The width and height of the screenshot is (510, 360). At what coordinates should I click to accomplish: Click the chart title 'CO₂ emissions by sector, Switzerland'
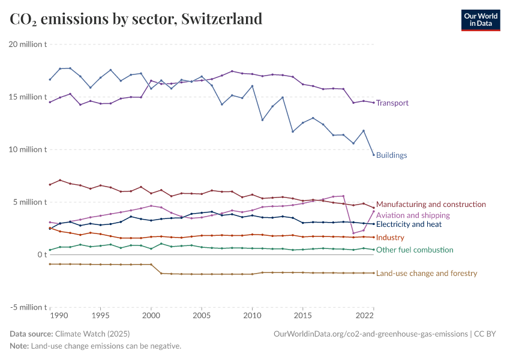pyautogui.click(x=136, y=19)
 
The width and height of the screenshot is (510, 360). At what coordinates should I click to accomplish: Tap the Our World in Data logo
pyautogui.click(x=480, y=20)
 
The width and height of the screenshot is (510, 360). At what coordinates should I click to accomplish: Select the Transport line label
pyautogui.click(x=392, y=103)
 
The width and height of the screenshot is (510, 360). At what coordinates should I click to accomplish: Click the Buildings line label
pyautogui.click(x=391, y=155)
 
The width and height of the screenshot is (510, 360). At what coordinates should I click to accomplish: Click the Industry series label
pyautogui.click(x=390, y=238)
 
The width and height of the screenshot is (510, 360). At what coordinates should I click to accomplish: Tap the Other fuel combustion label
pyautogui.click(x=415, y=250)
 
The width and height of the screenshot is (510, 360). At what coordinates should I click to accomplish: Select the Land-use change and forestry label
pyautogui.click(x=427, y=274)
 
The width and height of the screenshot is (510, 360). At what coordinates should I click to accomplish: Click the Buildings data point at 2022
pyautogui.click(x=374, y=155)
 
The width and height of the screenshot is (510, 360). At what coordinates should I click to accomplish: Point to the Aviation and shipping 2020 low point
pyautogui.click(x=353, y=233)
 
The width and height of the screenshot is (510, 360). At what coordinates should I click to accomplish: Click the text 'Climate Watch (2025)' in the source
pyautogui.click(x=92, y=334)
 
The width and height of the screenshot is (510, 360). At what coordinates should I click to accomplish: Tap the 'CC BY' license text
pyautogui.click(x=487, y=334)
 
